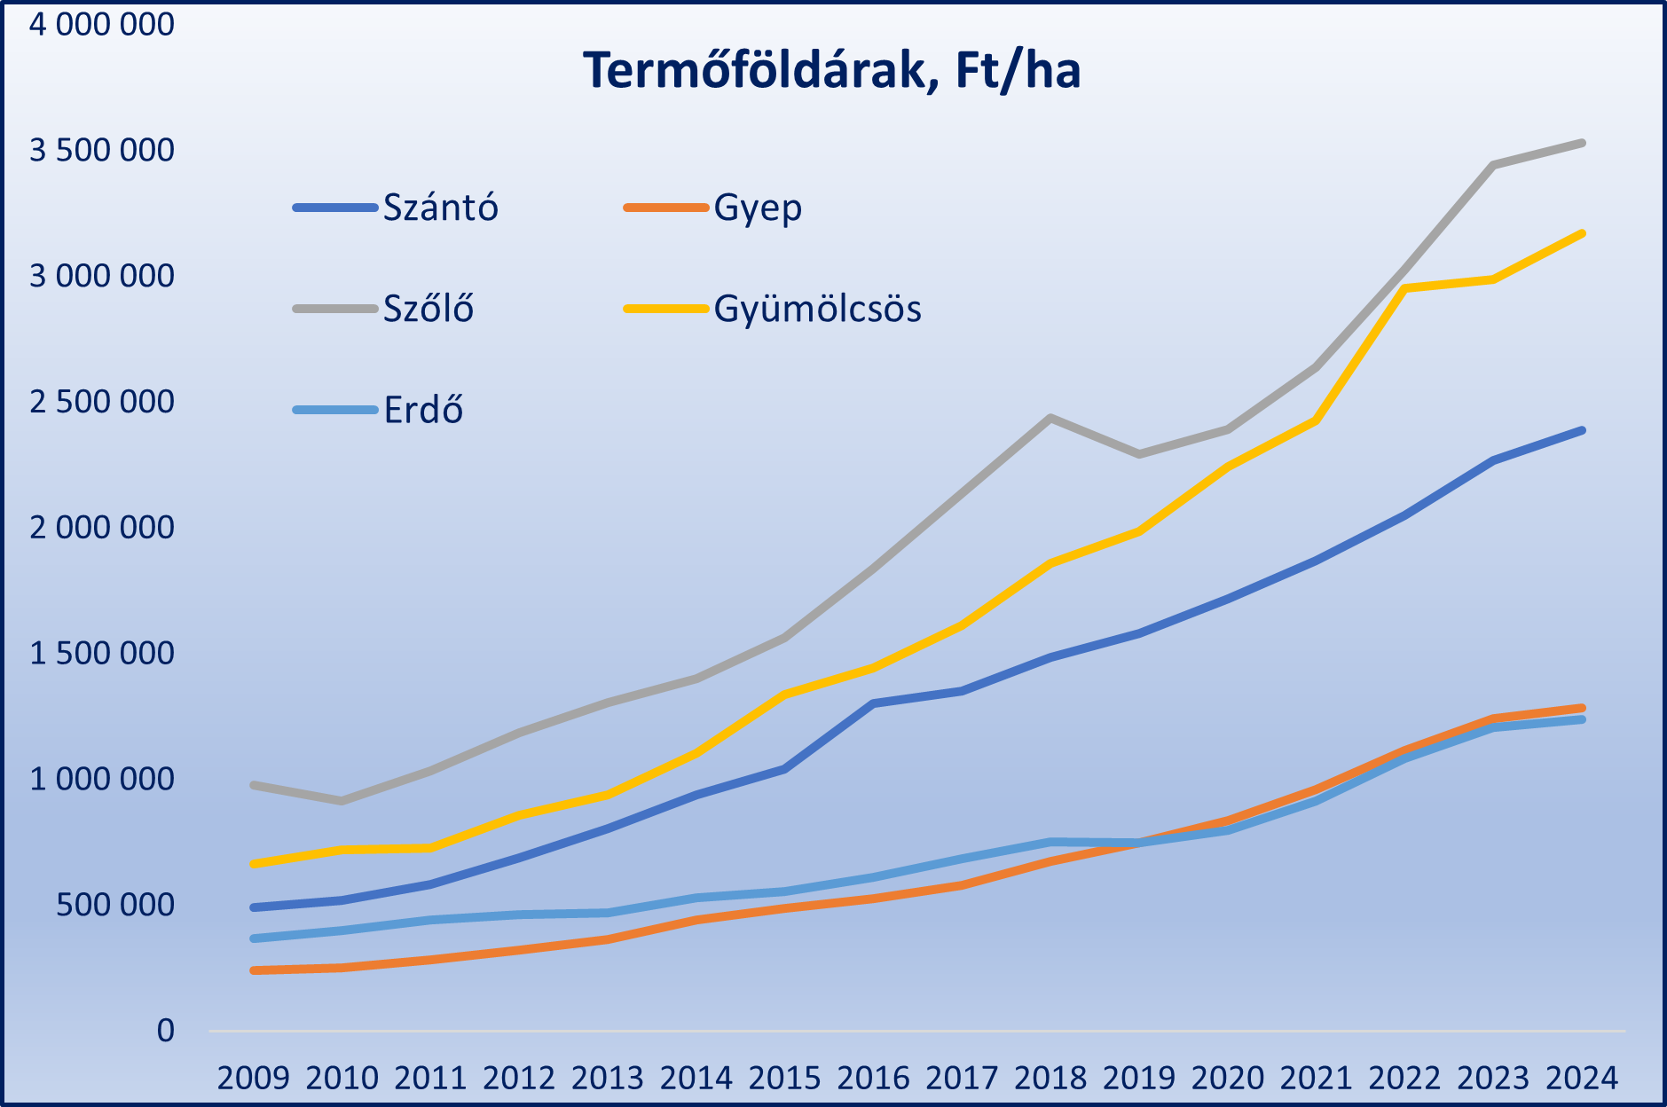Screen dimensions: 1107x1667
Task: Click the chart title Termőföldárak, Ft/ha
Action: click(x=831, y=71)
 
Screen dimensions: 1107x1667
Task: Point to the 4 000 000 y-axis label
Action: click(x=102, y=24)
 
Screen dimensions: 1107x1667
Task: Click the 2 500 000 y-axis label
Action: click(x=102, y=402)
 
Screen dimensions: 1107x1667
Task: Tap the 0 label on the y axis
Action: click(x=166, y=1031)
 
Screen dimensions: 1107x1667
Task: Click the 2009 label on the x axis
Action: click(x=254, y=1078)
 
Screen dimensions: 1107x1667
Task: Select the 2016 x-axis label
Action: click(x=874, y=1078)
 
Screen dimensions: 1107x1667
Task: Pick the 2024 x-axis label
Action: click(x=1583, y=1078)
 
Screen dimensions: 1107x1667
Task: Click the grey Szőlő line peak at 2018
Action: click(x=1050, y=418)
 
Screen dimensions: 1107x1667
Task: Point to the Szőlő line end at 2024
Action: click(x=1582, y=143)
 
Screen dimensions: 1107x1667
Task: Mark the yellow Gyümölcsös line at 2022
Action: click(x=1405, y=288)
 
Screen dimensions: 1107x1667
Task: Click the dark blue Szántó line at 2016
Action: click(x=874, y=703)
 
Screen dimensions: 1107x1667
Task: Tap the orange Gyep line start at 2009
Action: click(x=255, y=970)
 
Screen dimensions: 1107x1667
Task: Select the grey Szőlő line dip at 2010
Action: click(x=342, y=801)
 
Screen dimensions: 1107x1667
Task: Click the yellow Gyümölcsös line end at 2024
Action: click(x=1582, y=233)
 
